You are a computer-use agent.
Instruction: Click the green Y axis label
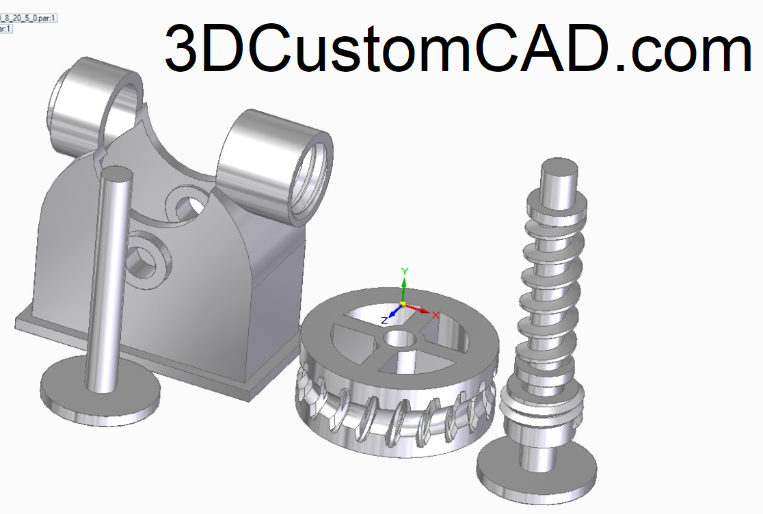[404, 271]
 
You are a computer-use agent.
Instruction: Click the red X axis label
[436, 315]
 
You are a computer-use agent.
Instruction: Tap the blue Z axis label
[384, 319]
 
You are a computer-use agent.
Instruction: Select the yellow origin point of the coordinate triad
[403, 303]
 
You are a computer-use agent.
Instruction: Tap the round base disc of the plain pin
[101, 389]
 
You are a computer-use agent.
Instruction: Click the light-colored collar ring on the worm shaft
[540, 410]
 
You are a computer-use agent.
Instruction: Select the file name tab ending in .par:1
[27, 18]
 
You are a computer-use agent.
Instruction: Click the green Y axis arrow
[404, 286]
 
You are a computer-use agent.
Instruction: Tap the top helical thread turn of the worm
[557, 202]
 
